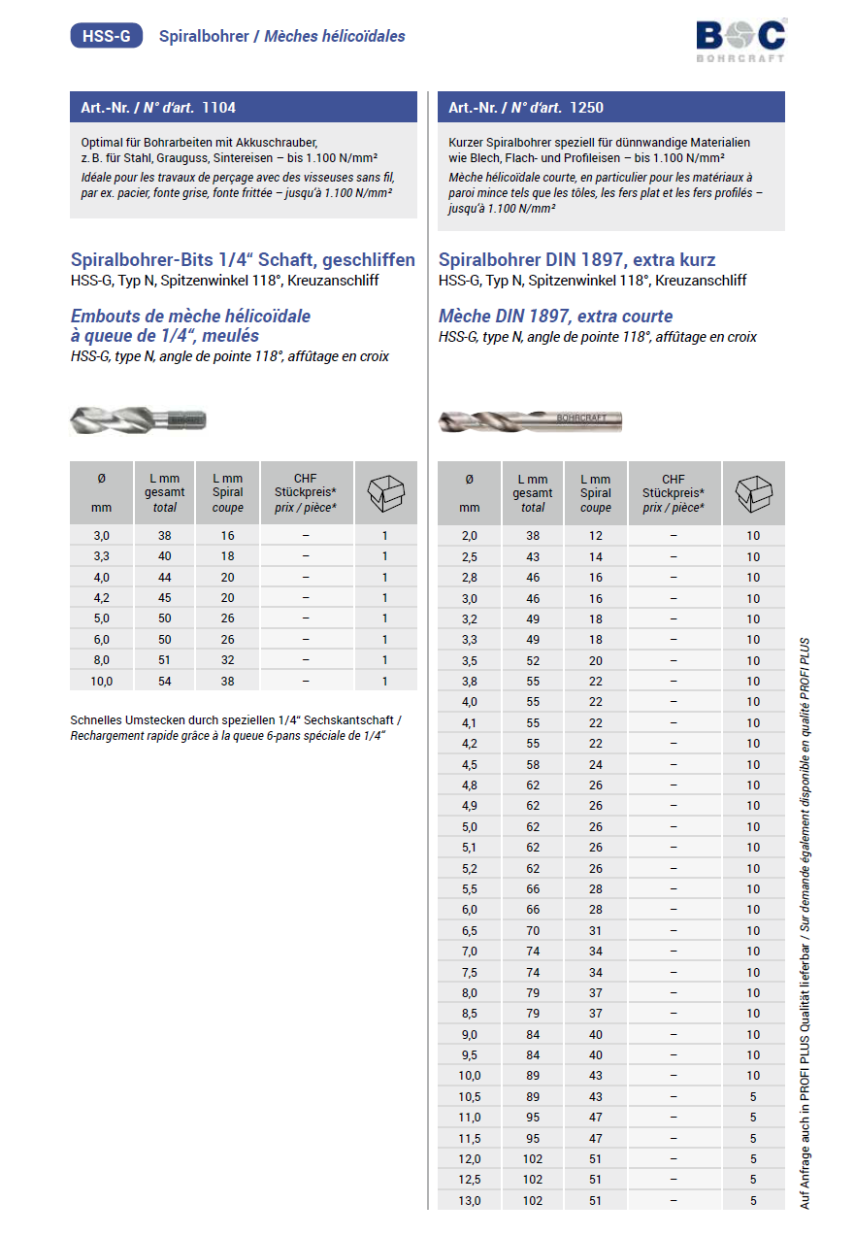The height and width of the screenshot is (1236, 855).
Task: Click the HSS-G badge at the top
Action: pos(107,36)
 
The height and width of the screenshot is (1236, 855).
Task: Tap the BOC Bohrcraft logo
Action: pos(740,40)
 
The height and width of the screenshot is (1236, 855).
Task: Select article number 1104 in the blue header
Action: pos(217,107)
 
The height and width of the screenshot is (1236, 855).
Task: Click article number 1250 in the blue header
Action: pos(586,107)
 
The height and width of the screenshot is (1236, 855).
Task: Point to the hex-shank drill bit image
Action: pos(139,419)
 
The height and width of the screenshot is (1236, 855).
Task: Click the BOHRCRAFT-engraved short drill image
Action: pos(530,420)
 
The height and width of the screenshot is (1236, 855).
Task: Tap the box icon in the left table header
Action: pos(385,493)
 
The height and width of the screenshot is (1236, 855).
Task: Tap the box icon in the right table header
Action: pos(753,493)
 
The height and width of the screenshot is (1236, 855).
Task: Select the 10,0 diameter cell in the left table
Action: pos(102,681)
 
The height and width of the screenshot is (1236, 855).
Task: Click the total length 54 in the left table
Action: pos(165,681)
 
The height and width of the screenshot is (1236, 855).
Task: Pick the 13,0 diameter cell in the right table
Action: pos(470,1200)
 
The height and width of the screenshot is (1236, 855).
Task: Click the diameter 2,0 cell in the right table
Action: pos(470,535)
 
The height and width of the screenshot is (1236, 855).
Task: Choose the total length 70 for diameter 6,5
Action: pos(533,930)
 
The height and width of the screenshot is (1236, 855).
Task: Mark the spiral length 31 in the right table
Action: pos(596,930)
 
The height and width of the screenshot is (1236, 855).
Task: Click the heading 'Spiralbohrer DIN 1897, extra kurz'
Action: pos(576,260)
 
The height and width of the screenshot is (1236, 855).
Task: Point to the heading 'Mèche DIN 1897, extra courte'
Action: pos(555,317)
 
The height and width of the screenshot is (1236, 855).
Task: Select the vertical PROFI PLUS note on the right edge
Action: pos(805,922)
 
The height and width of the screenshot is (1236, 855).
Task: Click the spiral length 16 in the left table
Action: pos(228,535)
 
